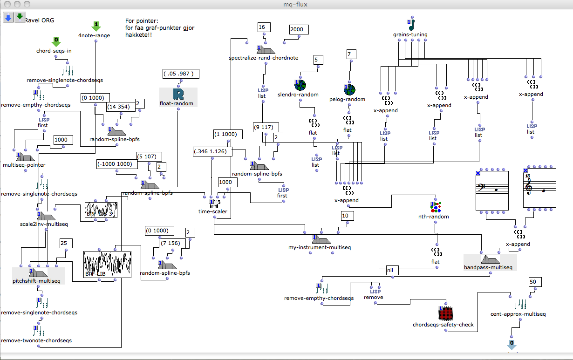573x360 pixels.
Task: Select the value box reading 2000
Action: click(x=297, y=29)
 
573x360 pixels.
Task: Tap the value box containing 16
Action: click(x=262, y=27)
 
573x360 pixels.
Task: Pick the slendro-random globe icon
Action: click(x=300, y=85)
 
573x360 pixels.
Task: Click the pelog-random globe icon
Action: click(x=349, y=90)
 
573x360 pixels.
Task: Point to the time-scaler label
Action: click(x=212, y=212)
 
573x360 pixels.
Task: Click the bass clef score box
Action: click(x=493, y=190)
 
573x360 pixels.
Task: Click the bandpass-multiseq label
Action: click(x=488, y=267)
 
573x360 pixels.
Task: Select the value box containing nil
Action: click(x=390, y=270)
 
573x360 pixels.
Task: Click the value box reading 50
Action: click(x=534, y=282)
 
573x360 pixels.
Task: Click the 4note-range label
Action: click(x=94, y=35)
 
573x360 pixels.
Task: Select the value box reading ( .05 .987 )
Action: click(x=181, y=74)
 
